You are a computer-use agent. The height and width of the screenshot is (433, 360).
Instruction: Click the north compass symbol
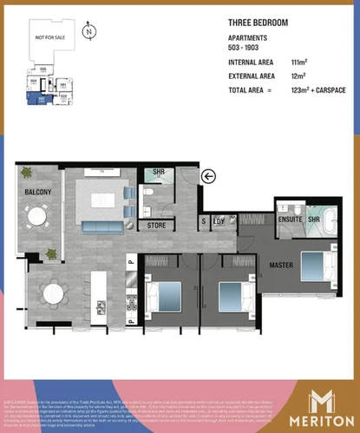(89, 33)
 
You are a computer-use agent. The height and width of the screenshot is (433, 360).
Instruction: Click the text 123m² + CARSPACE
(306, 90)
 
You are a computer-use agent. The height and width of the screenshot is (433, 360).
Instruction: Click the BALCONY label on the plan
(38, 193)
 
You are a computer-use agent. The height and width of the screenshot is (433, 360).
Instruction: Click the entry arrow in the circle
(208, 177)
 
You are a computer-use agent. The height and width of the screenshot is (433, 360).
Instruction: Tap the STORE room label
(156, 226)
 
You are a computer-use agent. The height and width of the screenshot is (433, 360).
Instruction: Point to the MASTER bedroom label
(280, 265)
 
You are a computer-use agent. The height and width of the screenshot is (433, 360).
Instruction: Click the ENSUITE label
(291, 219)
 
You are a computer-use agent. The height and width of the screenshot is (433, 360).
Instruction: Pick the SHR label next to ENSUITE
(313, 219)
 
